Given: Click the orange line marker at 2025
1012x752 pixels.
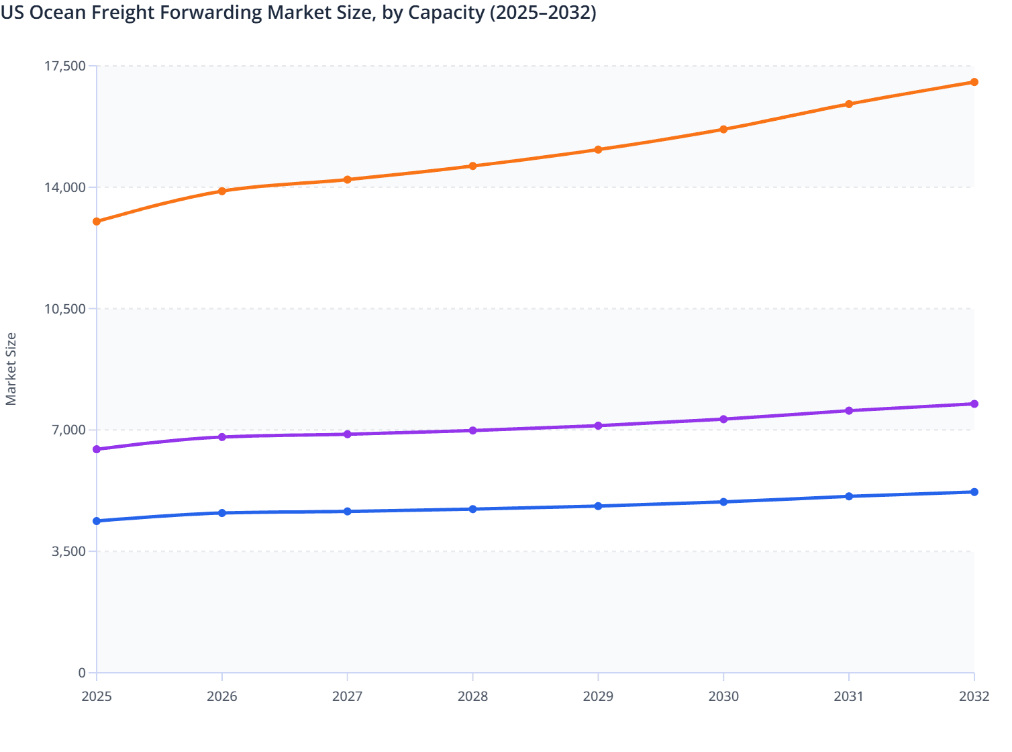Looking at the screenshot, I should click(97, 222).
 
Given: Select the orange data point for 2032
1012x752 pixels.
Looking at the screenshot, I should click(974, 82).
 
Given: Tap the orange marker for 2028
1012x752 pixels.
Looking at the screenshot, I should click(472, 166).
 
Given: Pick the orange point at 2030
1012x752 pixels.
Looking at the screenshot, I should click(723, 129).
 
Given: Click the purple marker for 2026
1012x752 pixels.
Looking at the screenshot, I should click(222, 437).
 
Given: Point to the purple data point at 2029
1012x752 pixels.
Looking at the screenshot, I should click(598, 426).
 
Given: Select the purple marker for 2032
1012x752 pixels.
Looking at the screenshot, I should click(974, 404).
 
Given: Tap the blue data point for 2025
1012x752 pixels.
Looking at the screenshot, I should click(97, 521).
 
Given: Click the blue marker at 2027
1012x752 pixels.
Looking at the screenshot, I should click(347, 512).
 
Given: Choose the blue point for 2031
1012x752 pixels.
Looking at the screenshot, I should click(849, 496).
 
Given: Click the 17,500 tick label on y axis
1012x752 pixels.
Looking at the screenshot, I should click(65, 66).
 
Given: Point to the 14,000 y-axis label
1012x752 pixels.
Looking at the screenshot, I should click(65, 187).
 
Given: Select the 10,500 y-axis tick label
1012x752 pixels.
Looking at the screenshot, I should click(65, 309).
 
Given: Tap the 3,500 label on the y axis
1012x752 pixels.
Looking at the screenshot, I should click(69, 551).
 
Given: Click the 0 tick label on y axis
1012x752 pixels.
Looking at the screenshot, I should click(82, 673).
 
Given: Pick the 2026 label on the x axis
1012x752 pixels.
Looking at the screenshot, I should click(222, 696).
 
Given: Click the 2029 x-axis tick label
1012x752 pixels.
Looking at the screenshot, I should click(598, 696).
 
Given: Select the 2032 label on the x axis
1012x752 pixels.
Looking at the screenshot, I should click(974, 696).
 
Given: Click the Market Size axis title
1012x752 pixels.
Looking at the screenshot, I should click(11, 369).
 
